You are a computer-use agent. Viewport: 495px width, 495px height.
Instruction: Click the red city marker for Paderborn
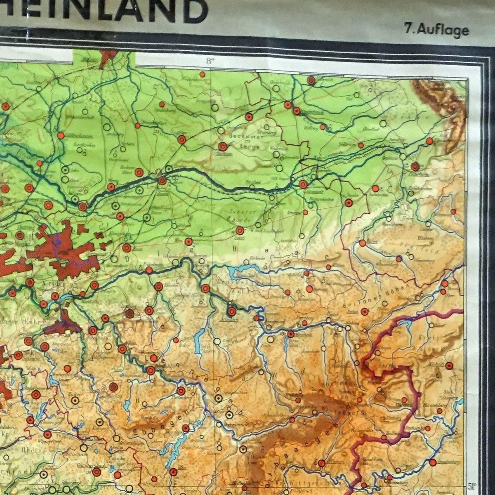[415, 166]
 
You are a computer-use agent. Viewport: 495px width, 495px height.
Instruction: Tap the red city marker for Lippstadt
[303, 184]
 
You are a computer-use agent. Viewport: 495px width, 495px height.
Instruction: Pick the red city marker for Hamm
[162, 180]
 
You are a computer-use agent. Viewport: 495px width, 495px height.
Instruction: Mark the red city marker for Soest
[240, 230]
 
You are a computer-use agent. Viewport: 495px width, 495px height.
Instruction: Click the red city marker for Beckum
[223, 146]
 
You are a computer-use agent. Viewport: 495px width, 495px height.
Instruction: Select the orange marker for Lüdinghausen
[61, 135]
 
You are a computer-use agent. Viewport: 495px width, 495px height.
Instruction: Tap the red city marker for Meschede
[291, 334]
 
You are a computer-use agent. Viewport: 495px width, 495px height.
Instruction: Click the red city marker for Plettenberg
[181, 391]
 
